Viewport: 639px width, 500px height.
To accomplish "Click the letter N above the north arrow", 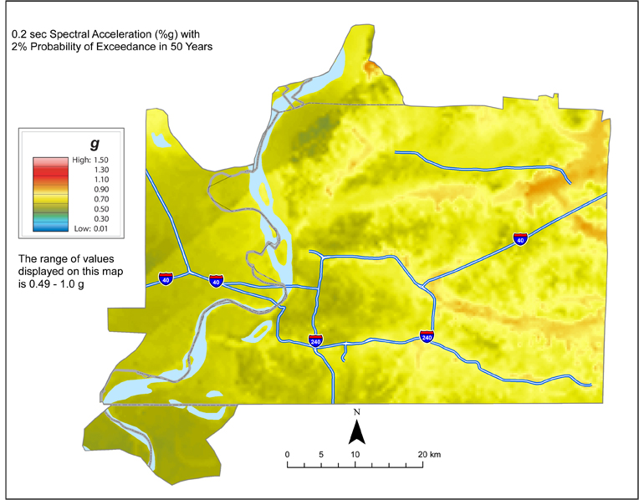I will click(356, 412).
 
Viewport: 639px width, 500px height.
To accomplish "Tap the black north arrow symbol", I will click(356, 431).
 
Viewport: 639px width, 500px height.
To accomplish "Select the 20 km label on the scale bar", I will click(429, 454).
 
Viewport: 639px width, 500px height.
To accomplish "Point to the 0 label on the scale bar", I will click(288, 454).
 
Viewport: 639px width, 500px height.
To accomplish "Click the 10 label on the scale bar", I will click(355, 454).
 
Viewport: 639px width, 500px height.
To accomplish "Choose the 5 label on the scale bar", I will click(321, 454).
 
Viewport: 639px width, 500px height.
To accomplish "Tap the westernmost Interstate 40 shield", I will click(166, 278).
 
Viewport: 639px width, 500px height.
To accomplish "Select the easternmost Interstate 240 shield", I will click(427, 336).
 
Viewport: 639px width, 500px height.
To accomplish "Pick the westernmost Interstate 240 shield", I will click(315, 341).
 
